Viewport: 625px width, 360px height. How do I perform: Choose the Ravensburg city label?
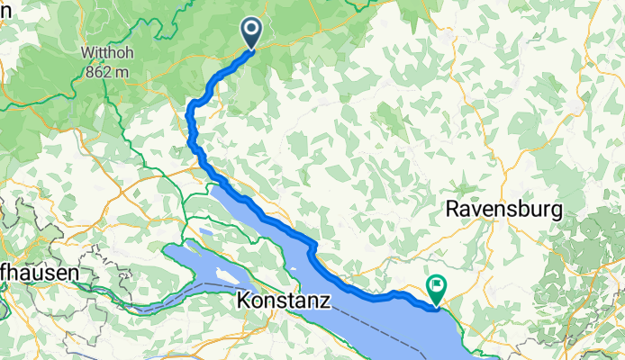click(504, 210)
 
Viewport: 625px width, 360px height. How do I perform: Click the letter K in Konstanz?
click(246, 299)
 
